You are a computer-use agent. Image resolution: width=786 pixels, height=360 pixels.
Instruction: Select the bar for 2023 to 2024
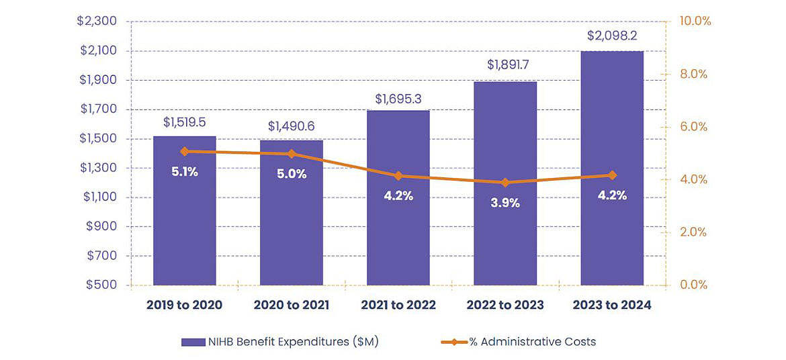[x=612, y=168]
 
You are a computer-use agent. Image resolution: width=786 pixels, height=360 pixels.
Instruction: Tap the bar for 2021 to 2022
[x=398, y=228]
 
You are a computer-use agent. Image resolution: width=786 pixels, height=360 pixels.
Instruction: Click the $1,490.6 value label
[x=291, y=126]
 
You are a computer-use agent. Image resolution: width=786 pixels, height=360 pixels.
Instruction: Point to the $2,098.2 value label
[x=612, y=36]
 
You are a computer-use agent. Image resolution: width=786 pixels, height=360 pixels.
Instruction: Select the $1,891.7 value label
[x=505, y=66]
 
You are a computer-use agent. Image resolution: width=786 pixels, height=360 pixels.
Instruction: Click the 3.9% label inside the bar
[x=505, y=203]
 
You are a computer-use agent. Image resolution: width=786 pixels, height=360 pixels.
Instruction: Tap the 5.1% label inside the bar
[x=184, y=172]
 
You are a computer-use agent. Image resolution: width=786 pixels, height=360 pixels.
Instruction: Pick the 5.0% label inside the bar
[x=292, y=174]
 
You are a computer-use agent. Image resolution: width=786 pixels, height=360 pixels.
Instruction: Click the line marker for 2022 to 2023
[x=505, y=183]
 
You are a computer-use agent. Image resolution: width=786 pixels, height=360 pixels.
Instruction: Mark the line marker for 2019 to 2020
[x=185, y=152]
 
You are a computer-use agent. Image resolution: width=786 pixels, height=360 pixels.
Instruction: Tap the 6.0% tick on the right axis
[x=693, y=127]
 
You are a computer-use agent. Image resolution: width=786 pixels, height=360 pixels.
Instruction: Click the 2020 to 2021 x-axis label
[x=291, y=305]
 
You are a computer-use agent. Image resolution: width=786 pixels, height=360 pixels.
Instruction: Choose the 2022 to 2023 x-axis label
[x=505, y=305]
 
